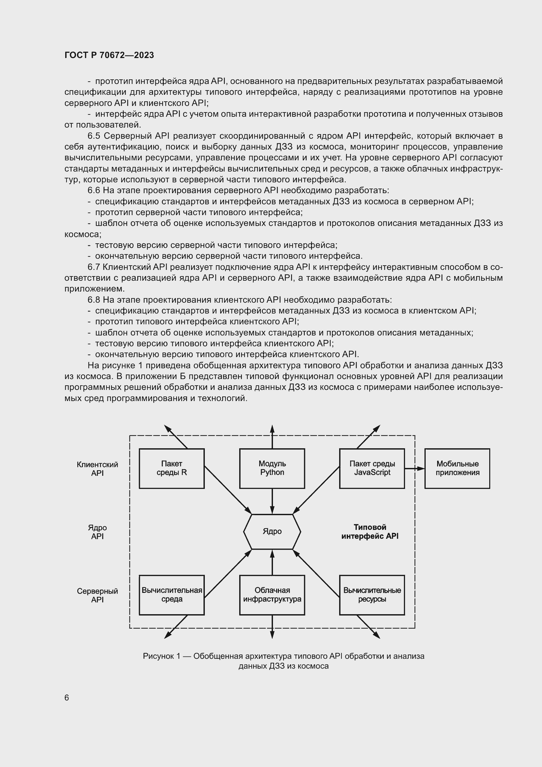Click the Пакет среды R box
pyautogui.click(x=171, y=468)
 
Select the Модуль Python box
pyautogui.click(x=272, y=468)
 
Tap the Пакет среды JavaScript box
pyautogui.click(x=372, y=468)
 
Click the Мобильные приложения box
pyautogui.click(x=457, y=468)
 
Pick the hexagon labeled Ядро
pyautogui.click(x=272, y=531)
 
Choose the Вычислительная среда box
pyautogui.click(x=171, y=595)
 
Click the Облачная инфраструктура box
pyautogui.click(x=272, y=595)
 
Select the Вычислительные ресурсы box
pyautogui.click(x=372, y=595)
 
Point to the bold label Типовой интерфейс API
pyautogui.click(x=370, y=532)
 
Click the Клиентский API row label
pyautogui.click(x=97, y=469)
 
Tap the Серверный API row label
pyautogui.click(x=97, y=595)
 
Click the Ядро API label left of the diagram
pyautogui.click(x=97, y=532)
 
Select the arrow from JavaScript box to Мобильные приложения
pyautogui.click(x=415, y=469)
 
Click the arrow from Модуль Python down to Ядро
pyautogui.click(x=272, y=501)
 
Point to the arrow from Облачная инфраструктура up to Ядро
pyautogui.click(x=272, y=563)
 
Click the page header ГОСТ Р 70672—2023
pyautogui.click(x=109, y=55)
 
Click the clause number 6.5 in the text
pyautogui.click(x=94, y=136)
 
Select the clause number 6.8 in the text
pyautogui.click(x=94, y=300)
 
